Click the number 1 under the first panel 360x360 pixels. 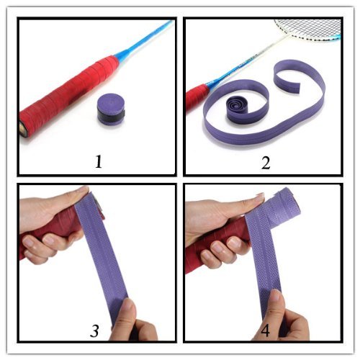(99, 161)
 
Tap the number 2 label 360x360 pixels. (266, 163)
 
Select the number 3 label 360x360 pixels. (94, 330)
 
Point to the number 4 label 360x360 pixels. (265, 330)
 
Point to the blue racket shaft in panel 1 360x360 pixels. (144, 38)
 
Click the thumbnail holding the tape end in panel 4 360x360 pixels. (275, 297)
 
